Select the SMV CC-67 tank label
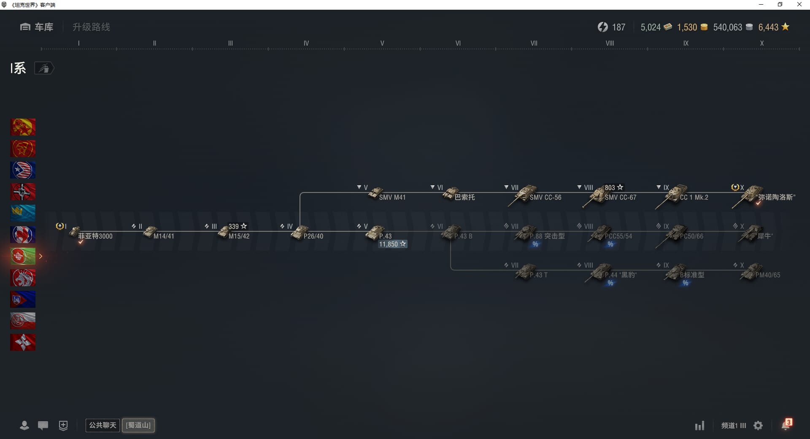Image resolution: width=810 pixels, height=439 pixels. tap(620, 198)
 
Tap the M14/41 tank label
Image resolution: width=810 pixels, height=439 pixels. tap(164, 236)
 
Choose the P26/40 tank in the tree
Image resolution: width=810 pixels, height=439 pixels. tap(300, 233)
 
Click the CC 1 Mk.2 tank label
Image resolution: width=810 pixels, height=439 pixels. tap(694, 198)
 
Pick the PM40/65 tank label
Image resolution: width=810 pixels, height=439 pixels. tap(767, 275)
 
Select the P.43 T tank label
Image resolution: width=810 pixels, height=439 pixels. tap(538, 275)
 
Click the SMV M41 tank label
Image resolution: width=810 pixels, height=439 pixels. tap(392, 198)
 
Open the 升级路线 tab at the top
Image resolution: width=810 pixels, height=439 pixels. tap(91, 27)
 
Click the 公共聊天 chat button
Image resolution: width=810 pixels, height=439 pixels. tap(103, 425)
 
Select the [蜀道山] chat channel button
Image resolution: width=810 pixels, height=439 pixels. tap(138, 425)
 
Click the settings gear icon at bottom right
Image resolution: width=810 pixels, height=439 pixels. tap(758, 425)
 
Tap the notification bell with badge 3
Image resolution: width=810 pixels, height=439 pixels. tap(786, 425)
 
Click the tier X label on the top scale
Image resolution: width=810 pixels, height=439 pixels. tap(761, 43)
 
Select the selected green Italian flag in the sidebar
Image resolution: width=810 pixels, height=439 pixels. tap(23, 256)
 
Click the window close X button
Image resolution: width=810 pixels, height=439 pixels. tap(799, 5)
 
